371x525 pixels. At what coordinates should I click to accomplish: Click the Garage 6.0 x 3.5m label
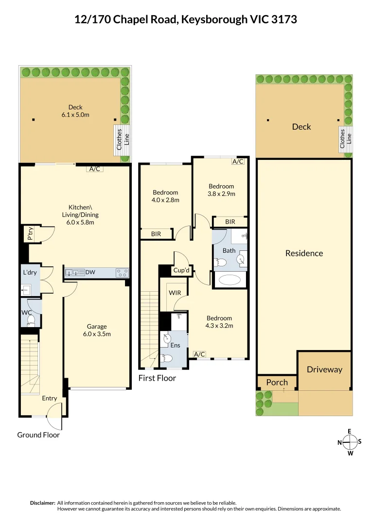(97, 330)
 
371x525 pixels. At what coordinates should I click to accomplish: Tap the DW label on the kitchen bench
(90, 273)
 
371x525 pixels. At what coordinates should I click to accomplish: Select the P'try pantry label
(30, 235)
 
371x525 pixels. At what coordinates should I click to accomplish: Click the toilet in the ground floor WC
(31, 319)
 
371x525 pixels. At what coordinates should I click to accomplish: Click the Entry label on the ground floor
(49, 398)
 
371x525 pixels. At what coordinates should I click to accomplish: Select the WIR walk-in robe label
(175, 293)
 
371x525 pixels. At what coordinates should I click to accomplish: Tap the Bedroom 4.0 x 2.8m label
(165, 196)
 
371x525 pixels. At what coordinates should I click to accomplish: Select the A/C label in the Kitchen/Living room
(94, 169)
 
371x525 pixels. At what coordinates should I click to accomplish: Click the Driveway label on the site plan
(324, 369)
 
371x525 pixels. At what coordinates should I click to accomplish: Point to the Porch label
(277, 382)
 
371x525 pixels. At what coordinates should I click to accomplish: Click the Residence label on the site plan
(304, 253)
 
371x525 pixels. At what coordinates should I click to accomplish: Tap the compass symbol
(350, 442)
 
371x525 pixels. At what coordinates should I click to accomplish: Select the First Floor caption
(157, 378)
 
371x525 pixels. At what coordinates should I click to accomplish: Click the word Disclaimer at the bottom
(42, 503)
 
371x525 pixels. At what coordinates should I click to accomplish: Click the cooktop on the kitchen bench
(122, 273)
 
